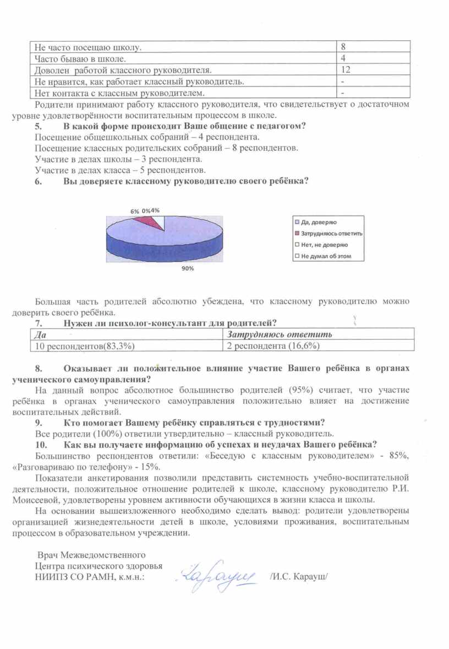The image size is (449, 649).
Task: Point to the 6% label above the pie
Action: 134,211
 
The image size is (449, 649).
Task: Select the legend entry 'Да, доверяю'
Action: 316,222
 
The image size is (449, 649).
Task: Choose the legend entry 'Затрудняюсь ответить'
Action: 328,234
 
